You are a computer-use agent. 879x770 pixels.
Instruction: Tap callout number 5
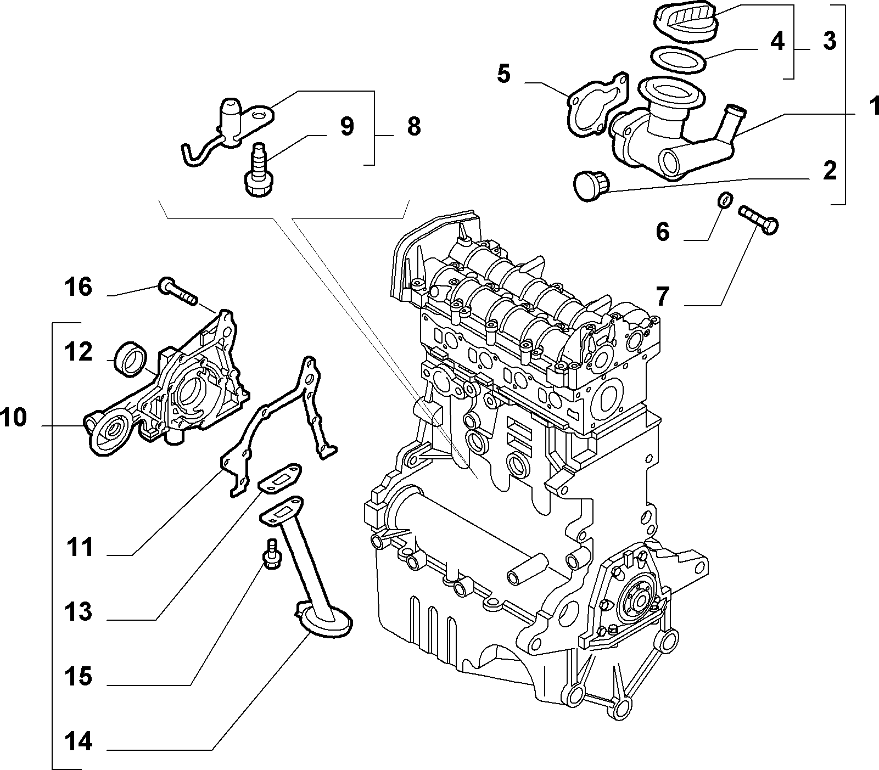click(504, 74)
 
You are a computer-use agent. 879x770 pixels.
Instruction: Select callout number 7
click(663, 297)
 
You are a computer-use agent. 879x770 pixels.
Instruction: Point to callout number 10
click(13, 418)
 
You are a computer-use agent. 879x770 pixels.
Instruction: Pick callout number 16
click(78, 286)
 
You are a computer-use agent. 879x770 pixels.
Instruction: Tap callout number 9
click(346, 126)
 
